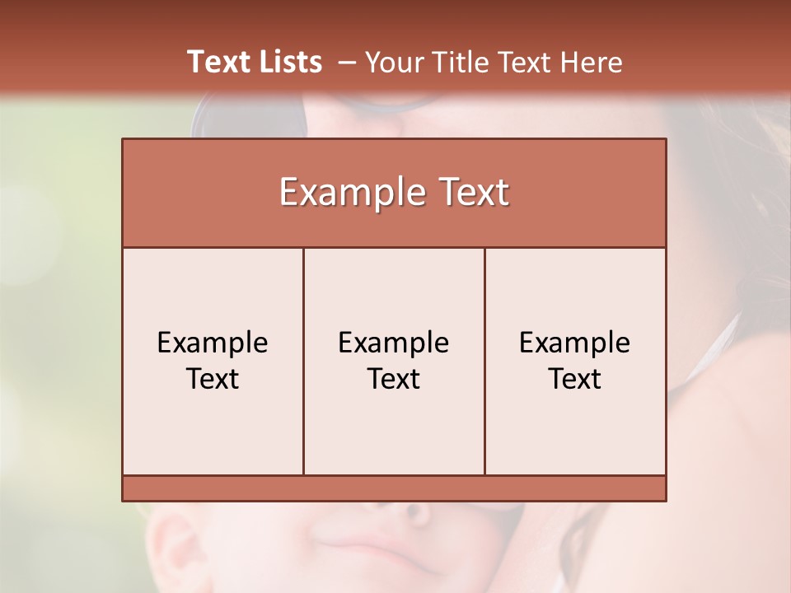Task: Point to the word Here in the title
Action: tap(591, 63)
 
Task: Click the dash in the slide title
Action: tap(346, 63)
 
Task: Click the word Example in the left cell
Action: tap(213, 343)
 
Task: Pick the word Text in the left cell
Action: tap(213, 379)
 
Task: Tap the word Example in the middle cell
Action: tap(394, 343)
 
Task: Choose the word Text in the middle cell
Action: tap(394, 379)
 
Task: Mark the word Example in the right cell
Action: tap(575, 343)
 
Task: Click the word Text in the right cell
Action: tap(575, 379)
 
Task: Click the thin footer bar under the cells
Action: tap(394, 488)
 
